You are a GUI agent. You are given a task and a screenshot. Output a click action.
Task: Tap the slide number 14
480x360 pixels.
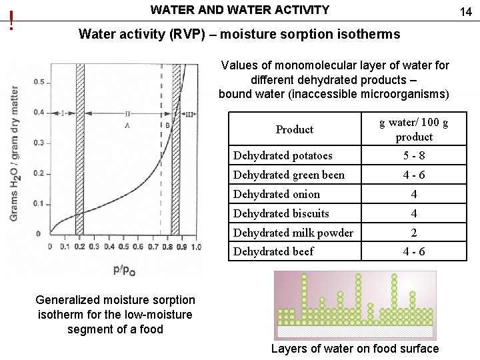pyautogui.click(x=465, y=11)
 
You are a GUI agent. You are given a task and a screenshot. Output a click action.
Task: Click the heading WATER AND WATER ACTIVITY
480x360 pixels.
pyautogui.click(x=240, y=10)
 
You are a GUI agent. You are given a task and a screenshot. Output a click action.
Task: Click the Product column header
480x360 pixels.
pyautogui.click(x=294, y=129)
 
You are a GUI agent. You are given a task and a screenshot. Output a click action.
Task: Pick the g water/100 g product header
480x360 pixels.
pyautogui.click(x=414, y=129)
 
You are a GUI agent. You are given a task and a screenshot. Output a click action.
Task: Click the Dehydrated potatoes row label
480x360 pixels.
pyautogui.click(x=283, y=156)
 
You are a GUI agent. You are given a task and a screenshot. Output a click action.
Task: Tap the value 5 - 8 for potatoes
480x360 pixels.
pyautogui.click(x=414, y=156)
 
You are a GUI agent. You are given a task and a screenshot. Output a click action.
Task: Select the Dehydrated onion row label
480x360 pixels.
pyautogui.click(x=277, y=194)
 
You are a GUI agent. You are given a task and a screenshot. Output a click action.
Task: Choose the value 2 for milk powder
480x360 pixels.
pyautogui.click(x=414, y=233)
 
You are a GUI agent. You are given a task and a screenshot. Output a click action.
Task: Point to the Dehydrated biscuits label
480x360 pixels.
pyautogui.click(x=281, y=213)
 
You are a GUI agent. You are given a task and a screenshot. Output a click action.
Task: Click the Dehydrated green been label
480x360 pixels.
pyautogui.click(x=289, y=175)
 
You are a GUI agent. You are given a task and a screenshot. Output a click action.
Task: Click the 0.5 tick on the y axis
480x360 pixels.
pyautogui.click(x=39, y=82)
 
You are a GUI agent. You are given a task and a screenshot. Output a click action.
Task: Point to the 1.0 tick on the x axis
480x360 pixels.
pyautogui.click(x=195, y=247)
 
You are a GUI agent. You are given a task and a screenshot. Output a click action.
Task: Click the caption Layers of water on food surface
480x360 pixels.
pyautogui.click(x=355, y=349)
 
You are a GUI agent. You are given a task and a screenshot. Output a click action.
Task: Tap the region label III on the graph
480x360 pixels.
pyautogui.click(x=189, y=114)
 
